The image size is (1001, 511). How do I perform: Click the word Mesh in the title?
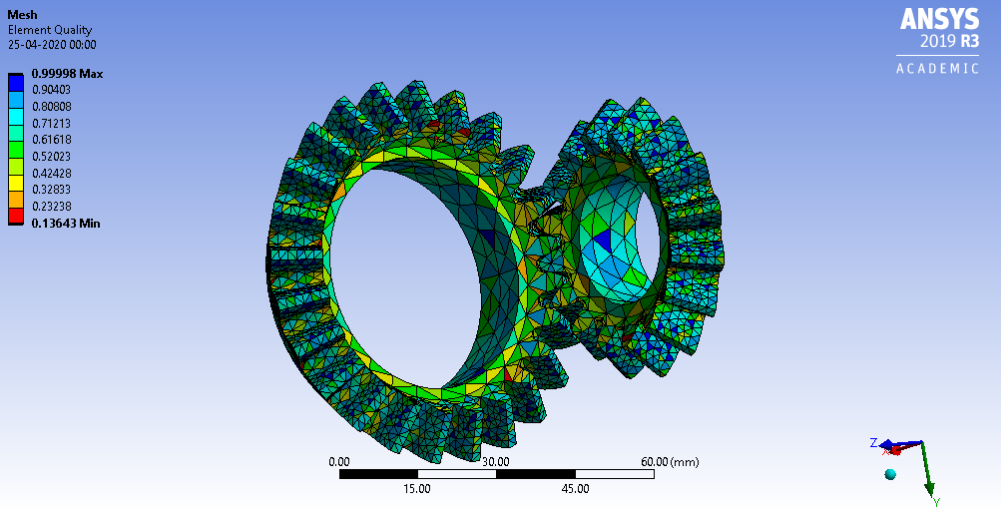pyautogui.click(x=23, y=15)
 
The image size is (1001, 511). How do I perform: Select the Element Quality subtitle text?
pyautogui.click(x=50, y=30)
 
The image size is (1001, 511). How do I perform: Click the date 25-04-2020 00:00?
pyautogui.click(x=52, y=44)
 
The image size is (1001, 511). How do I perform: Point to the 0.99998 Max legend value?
pyautogui.click(x=67, y=74)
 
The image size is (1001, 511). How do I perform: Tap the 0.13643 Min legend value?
pyautogui.click(x=66, y=223)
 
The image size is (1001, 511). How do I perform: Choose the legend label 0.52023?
pyautogui.click(x=52, y=157)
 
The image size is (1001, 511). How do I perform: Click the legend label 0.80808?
pyautogui.click(x=52, y=107)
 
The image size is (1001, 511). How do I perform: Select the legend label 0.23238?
pyautogui.click(x=52, y=207)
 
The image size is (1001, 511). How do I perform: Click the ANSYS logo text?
pyautogui.click(x=940, y=19)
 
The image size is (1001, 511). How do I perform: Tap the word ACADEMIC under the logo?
pyautogui.click(x=938, y=68)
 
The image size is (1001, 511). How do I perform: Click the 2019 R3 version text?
pyautogui.click(x=951, y=43)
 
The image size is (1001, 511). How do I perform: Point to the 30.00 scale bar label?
pyautogui.click(x=496, y=462)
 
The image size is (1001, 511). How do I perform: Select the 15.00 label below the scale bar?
pyautogui.click(x=417, y=489)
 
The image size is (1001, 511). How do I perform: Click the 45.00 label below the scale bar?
pyautogui.click(x=575, y=489)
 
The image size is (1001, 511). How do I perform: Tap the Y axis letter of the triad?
pyautogui.click(x=935, y=500)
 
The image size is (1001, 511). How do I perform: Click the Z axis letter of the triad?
pyautogui.click(x=873, y=442)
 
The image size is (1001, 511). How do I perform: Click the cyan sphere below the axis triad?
pyautogui.click(x=890, y=473)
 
